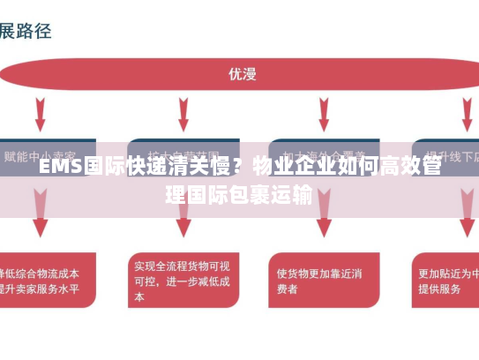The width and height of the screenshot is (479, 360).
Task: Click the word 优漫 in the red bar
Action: (x=242, y=74)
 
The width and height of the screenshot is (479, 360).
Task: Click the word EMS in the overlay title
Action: (x=59, y=166)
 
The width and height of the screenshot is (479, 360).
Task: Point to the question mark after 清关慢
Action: (x=238, y=166)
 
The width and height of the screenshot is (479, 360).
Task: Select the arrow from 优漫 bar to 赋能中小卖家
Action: (x=41, y=115)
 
